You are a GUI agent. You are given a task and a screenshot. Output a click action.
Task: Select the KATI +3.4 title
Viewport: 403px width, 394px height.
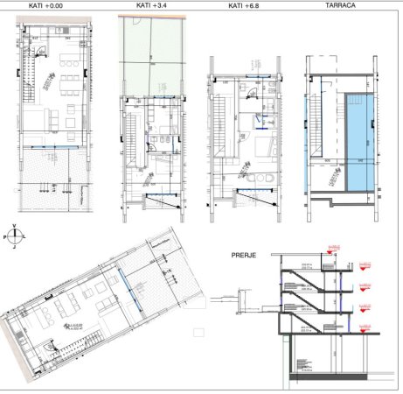(x=152, y=6)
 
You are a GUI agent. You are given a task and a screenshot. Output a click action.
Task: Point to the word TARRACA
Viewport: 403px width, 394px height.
(x=338, y=6)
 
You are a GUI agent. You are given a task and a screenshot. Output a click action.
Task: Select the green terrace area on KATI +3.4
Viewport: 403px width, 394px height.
(x=152, y=53)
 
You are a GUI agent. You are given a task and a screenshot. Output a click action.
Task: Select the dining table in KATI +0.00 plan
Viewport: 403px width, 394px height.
(x=66, y=88)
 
